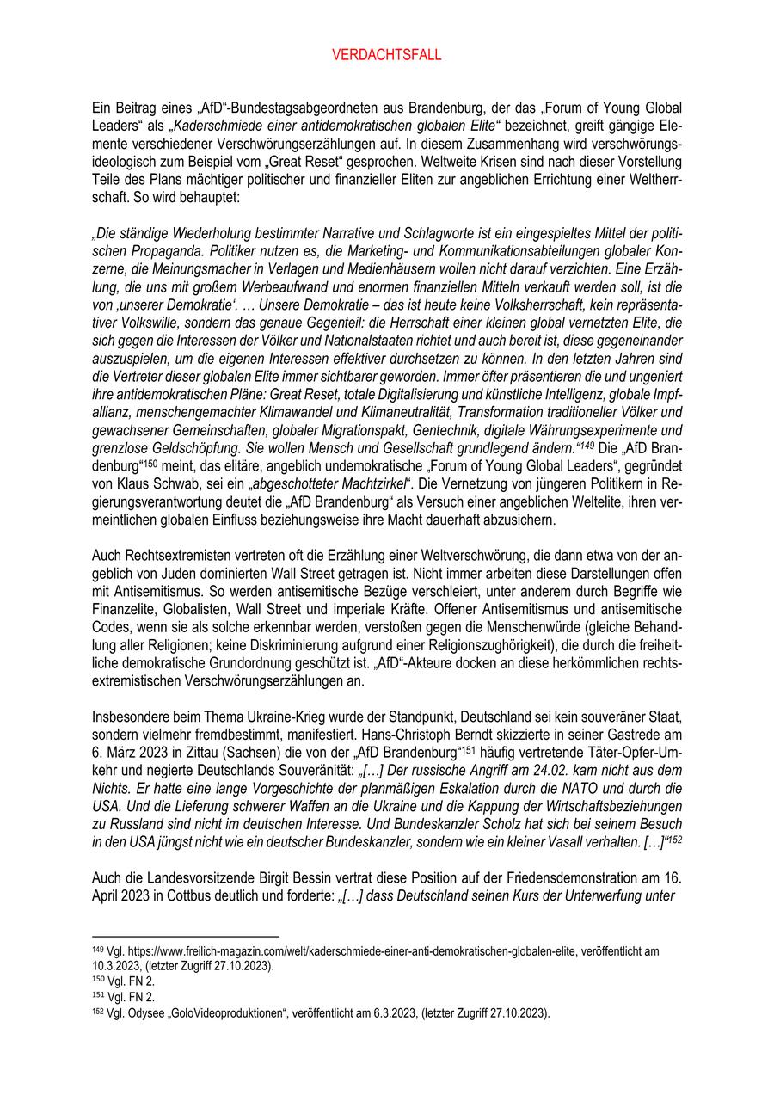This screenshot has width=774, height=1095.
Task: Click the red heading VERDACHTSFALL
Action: coord(386,55)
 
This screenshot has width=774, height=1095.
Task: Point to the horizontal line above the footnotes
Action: coord(185,937)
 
